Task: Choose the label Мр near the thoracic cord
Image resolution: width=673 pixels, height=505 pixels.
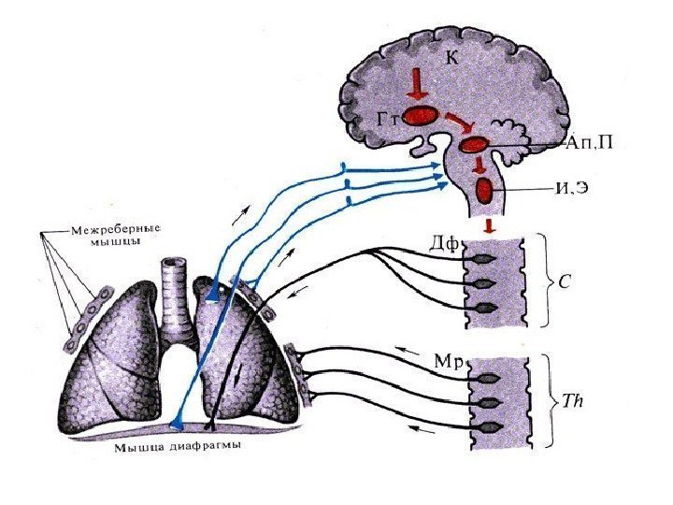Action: tap(447, 358)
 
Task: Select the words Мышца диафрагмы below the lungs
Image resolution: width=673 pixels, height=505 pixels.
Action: tap(179, 446)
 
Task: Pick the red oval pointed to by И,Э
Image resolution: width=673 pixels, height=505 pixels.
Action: tap(485, 191)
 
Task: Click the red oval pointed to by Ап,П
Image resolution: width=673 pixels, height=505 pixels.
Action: tap(475, 145)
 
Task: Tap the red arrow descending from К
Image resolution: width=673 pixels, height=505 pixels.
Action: tap(417, 87)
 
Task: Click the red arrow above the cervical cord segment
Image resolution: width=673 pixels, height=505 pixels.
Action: tap(489, 226)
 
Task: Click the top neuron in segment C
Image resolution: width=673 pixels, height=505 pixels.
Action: tap(482, 257)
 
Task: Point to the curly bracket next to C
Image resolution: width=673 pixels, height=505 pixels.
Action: tap(543, 281)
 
